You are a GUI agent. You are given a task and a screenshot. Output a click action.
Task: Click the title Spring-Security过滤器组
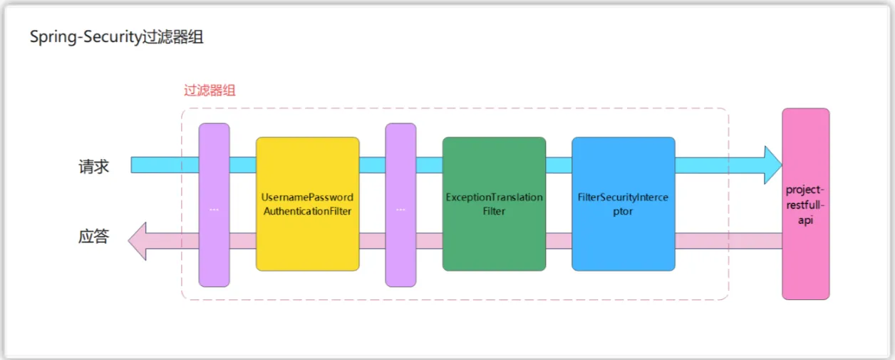pos(116,38)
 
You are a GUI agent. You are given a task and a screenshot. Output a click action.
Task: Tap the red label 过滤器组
pos(209,91)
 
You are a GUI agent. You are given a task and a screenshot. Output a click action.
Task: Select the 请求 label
pos(93,167)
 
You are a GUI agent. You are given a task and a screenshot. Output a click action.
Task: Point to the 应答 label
pos(93,237)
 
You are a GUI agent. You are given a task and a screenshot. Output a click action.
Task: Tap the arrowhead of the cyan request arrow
pos(772,165)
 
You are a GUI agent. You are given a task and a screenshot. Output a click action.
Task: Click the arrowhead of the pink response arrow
pos(138,240)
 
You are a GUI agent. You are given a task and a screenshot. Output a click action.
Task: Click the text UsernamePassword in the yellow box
pos(307,197)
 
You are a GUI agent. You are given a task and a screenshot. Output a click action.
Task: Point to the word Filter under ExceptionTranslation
pos(494,211)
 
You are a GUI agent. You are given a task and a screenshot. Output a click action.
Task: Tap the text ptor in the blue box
pos(623,211)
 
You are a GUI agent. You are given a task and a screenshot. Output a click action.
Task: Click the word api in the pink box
pos(805,221)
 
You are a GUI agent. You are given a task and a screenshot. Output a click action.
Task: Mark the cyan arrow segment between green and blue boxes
pos(559,165)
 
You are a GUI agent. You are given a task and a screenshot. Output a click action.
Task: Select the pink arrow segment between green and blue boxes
pos(559,240)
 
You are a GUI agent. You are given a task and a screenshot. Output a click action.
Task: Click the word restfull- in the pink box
pos(805,205)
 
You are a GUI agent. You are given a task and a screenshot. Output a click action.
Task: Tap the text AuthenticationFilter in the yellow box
pos(307,211)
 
